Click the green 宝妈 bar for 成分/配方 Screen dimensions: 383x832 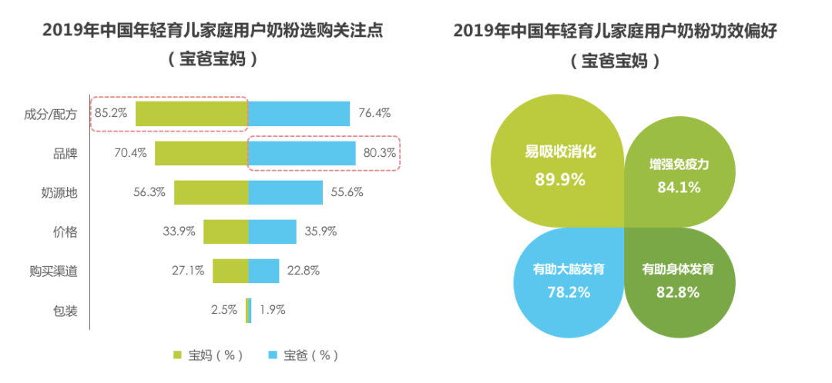point(192,113)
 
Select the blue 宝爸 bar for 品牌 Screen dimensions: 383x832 point(302,153)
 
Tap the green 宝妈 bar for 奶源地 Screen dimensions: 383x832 point(211,192)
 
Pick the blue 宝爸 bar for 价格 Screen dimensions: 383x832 point(273,231)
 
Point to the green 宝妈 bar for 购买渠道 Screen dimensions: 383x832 point(230,271)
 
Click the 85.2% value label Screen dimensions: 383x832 point(111,113)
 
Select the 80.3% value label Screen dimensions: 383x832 point(379,153)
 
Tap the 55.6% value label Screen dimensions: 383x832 point(347,192)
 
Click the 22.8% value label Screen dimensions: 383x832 point(304,271)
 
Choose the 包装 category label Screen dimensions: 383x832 point(65,311)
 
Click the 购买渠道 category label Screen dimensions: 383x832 point(52,271)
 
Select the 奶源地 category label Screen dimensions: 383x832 point(59,193)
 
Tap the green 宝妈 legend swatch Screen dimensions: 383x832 point(177,355)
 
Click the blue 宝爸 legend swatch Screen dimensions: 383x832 point(272,355)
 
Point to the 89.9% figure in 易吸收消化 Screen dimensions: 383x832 point(560,179)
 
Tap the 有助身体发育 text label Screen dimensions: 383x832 point(678,270)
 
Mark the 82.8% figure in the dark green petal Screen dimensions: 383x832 point(678,292)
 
